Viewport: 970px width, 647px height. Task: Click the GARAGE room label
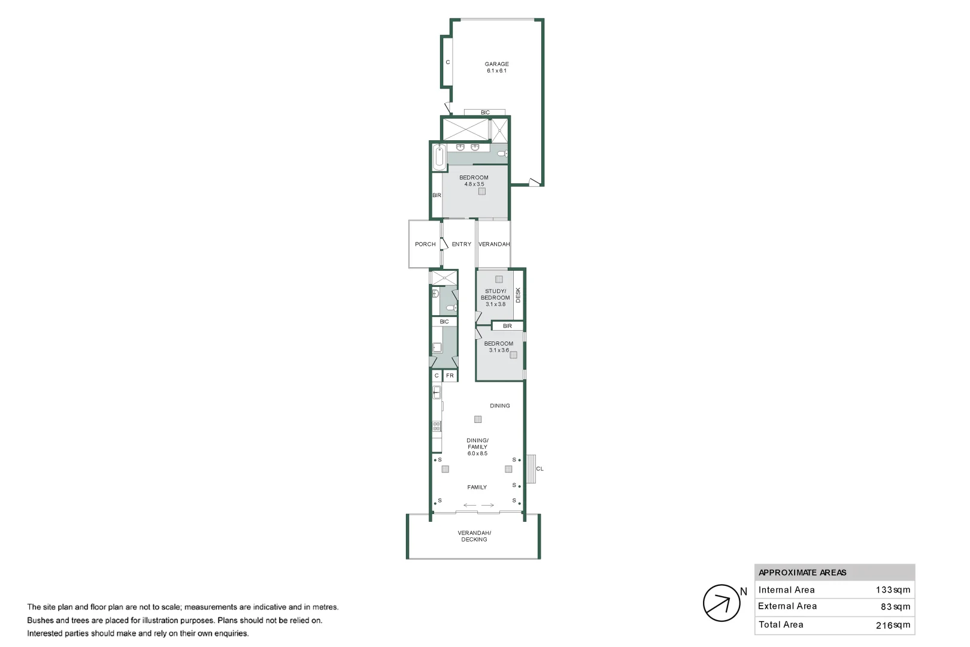[x=496, y=67]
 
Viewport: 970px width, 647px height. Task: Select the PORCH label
[x=425, y=244]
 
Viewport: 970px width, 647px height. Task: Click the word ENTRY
[x=461, y=244]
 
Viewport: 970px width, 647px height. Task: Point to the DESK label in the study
[x=519, y=295]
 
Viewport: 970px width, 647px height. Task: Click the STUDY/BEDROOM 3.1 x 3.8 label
[x=495, y=298]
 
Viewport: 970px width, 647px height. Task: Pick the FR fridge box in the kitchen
[x=450, y=376]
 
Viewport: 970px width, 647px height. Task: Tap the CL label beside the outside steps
[x=539, y=469]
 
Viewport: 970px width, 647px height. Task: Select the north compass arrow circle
[x=721, y=603]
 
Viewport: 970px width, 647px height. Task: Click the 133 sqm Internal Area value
[x=893, y=590]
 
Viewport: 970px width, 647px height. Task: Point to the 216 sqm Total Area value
[x=893, y=625]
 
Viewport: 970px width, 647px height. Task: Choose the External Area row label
[x=787, y=606]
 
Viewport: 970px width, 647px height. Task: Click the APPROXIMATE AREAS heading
[x=802, y=573]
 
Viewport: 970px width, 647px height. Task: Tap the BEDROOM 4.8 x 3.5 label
[x=474, y=181]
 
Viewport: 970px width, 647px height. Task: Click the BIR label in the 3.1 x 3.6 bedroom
[x=507, y=326]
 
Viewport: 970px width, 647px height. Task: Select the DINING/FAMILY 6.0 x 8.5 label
[x=477, y=447]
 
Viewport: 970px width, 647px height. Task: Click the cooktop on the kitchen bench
[x=436, y=427]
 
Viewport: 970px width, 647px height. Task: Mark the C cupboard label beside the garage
[x=447, y=62]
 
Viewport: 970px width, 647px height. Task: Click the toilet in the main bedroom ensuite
[x=502, y=154]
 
